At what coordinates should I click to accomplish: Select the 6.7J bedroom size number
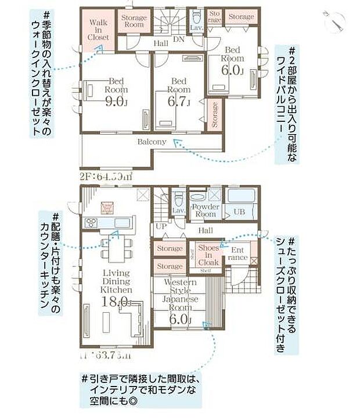179,102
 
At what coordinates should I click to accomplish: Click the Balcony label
152,142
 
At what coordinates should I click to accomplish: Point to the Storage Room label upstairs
134,21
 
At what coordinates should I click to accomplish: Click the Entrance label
239,254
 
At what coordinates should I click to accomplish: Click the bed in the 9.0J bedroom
93,90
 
